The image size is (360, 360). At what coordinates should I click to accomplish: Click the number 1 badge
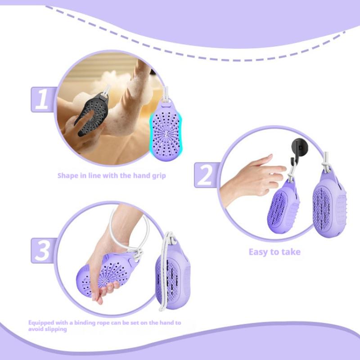pos(42,99)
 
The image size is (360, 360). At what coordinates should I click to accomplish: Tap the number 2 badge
pos(205,175)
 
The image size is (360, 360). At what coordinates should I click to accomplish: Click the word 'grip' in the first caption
pos(157,175)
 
